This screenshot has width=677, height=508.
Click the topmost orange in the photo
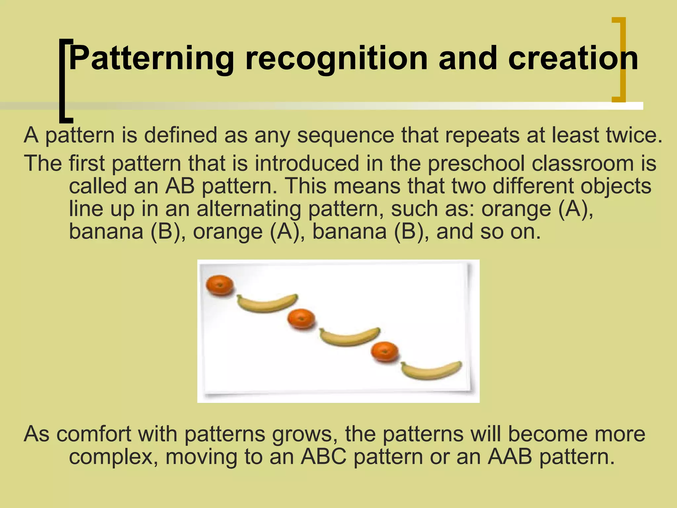[x=219, y=285]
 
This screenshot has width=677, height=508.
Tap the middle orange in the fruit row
[x=301, y=319]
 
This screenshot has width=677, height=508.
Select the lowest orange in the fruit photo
[x=384, y=352]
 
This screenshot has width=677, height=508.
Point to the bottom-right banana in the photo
[x=431, y=370]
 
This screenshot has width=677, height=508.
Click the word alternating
[x=249, y=209]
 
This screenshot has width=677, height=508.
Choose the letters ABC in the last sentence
[x=324, y=457]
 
